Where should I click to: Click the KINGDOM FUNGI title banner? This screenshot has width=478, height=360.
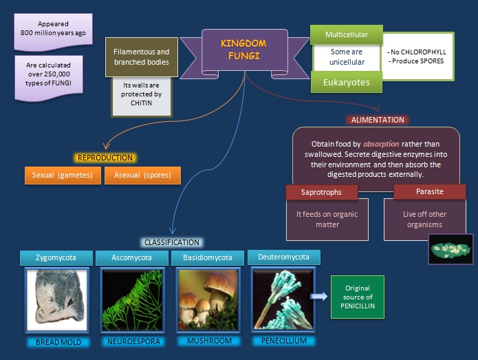click(x=243, y=49)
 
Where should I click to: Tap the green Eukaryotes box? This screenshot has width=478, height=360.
click(x=347, y=82)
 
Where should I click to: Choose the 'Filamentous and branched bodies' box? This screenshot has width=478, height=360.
click(x=141, y=56)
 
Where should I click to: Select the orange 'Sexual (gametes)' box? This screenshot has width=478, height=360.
click(x=62, y=175)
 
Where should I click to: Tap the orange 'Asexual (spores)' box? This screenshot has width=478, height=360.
click(x=142, y=175)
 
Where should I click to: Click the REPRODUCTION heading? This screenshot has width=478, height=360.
click(x=105, y=158)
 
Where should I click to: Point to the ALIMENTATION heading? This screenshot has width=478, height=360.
click(x=378, y=120)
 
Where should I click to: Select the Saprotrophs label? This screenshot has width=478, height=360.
click(x=321, y=192)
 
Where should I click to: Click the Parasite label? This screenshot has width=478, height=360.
click(x=428, y=191)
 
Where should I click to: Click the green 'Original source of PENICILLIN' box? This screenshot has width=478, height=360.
click(x=357, y=296)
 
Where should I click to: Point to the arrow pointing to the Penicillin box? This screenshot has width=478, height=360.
click(x=318, y=296)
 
